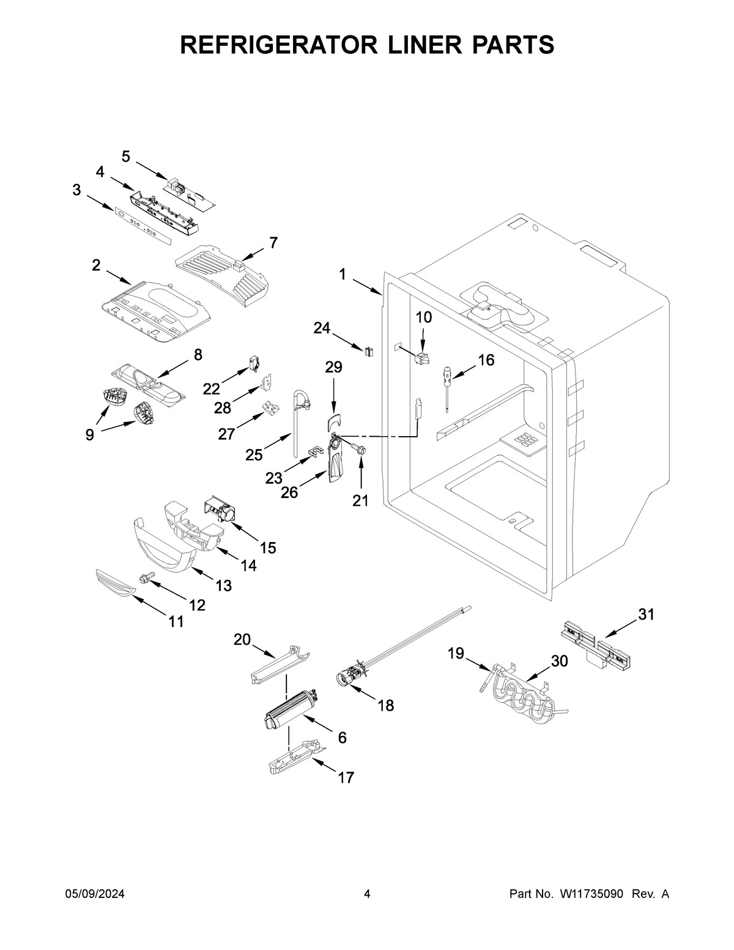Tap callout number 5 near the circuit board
[x=125, y=157]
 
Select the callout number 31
[x=647, y=615]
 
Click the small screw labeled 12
[x=147, y=576]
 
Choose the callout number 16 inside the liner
[x=486, y=360]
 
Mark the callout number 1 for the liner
[x=343, y=275]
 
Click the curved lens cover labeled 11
[x=114, y=582]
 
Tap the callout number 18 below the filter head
[x=385, y=705]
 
